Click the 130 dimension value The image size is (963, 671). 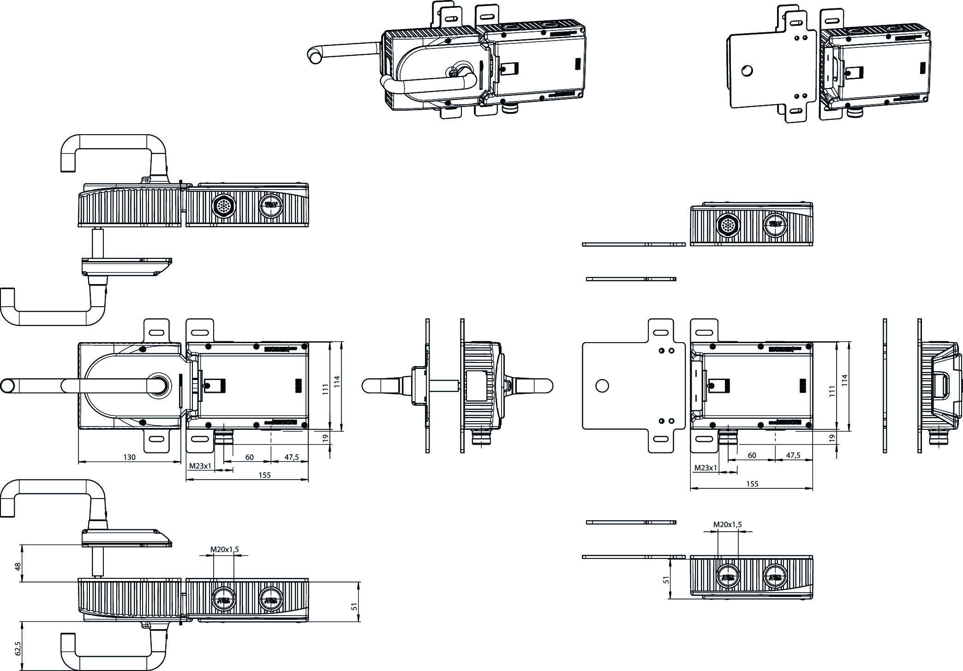(129, 457)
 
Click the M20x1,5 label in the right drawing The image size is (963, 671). (728, 524)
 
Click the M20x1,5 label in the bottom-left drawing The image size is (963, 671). (225, 549)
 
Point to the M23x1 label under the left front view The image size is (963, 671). (200, 466)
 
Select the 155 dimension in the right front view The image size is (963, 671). (752, 484)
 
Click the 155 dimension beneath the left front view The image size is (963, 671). (264, 475)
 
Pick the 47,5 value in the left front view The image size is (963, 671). (292, 457)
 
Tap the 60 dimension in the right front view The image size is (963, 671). (752, 455)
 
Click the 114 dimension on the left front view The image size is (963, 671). (337, 381)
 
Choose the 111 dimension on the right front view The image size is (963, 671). (832, 391)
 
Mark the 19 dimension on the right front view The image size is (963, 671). (832, 438)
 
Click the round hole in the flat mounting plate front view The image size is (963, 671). (602, 386)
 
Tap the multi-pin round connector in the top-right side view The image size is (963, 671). (728, 225)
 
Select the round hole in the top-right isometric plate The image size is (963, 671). (747, 71)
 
